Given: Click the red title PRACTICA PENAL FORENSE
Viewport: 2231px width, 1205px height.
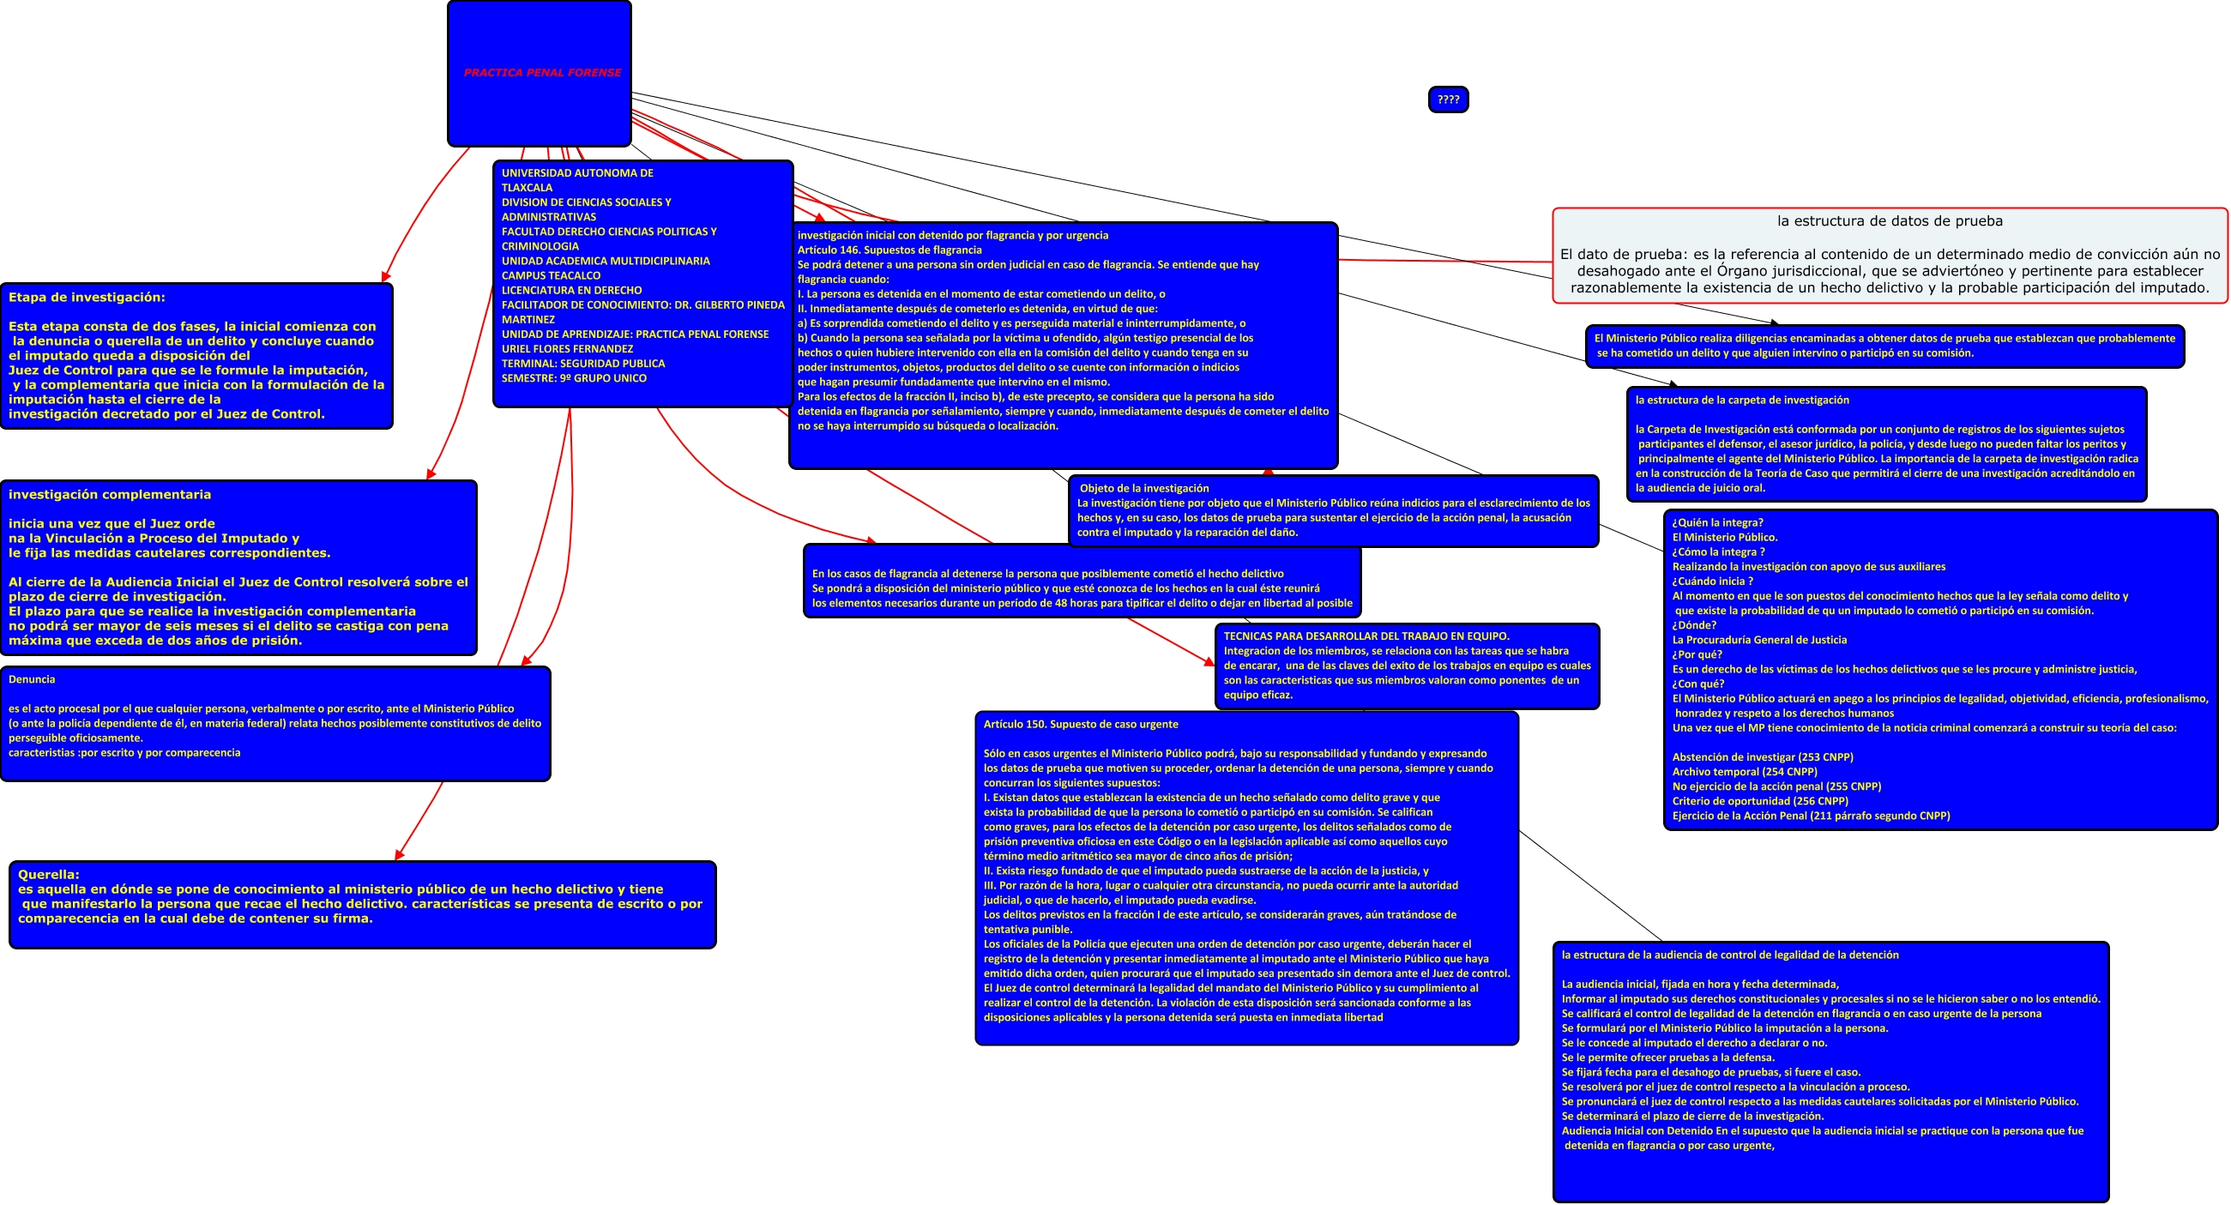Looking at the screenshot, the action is (542, 73).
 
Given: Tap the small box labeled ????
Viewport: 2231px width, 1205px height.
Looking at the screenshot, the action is (1448, 99).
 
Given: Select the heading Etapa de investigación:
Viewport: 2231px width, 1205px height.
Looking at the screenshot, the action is (87, 297).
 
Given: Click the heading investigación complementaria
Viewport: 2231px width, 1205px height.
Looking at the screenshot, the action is (110, 495).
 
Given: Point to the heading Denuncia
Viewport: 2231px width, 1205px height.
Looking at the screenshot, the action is (32, 679).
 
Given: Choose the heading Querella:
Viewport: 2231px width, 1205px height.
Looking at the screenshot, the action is (49, 874).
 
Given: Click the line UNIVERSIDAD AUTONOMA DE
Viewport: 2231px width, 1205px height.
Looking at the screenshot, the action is (577, 173).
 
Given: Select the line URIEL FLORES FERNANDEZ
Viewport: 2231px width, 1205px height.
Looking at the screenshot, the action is (567, 349).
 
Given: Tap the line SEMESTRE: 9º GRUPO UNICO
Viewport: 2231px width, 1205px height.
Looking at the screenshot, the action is (574, 378).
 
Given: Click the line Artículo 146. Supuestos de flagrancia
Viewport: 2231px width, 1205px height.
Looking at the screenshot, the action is (889, 250).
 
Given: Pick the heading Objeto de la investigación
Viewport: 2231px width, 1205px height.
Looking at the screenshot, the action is (1144, 489).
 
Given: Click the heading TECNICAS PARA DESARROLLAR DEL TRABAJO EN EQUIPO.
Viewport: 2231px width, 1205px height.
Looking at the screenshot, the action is (1366, 636).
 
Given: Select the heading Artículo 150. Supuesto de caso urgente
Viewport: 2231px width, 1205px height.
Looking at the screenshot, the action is (1081, 724).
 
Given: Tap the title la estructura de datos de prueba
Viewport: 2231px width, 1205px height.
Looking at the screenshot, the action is (1890, 221).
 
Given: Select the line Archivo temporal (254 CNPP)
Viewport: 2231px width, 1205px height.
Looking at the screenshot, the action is (1745, 772).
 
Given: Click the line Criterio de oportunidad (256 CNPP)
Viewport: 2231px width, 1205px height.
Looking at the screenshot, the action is (1760, 801).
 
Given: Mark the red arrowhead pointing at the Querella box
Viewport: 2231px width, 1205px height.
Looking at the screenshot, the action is (398, 855).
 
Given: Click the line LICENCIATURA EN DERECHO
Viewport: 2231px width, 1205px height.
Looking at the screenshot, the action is (571, 290).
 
